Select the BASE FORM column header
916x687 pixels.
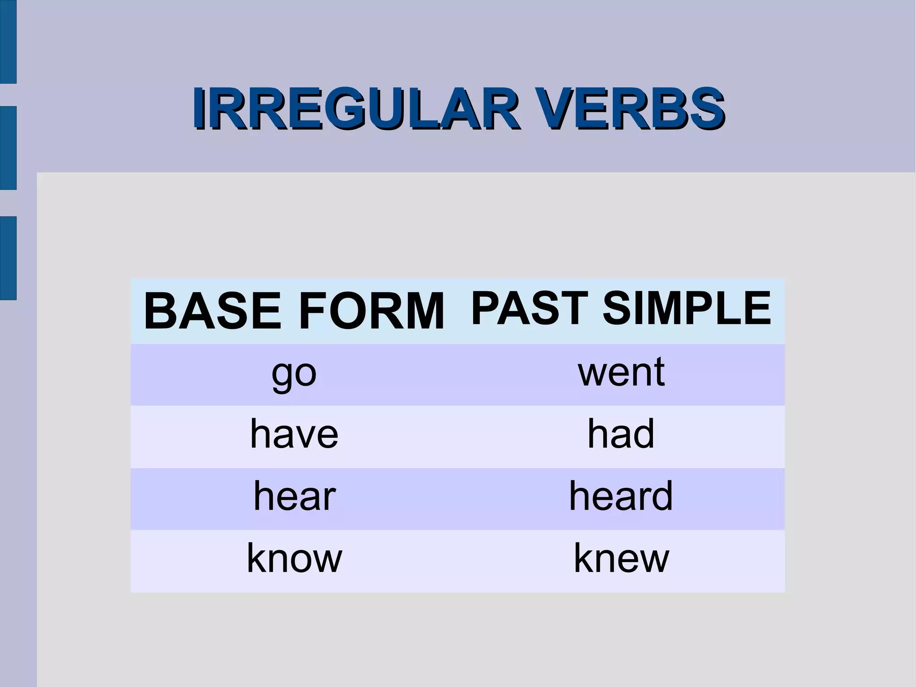[x=294, y=311]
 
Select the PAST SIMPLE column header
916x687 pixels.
[x=621, y=308]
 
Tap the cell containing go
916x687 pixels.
[x=294, y=374]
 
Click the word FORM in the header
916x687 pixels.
[x=372, y=311]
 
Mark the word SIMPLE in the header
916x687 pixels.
[x=687, y=308]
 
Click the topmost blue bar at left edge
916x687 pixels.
[x=8, y=41]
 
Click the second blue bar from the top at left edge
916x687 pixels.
[x=8, y=148]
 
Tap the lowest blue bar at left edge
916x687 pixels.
[x=8, y=258]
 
